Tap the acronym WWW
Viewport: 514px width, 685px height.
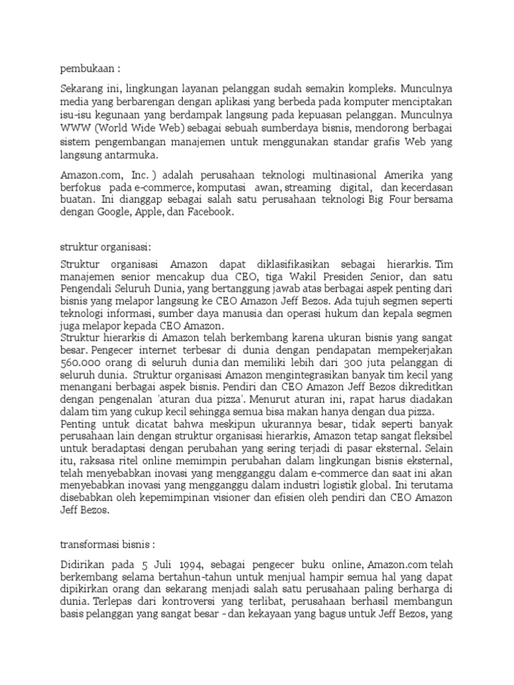[x=74, y=126]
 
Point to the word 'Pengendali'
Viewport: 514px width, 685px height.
[x=88, y=282]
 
